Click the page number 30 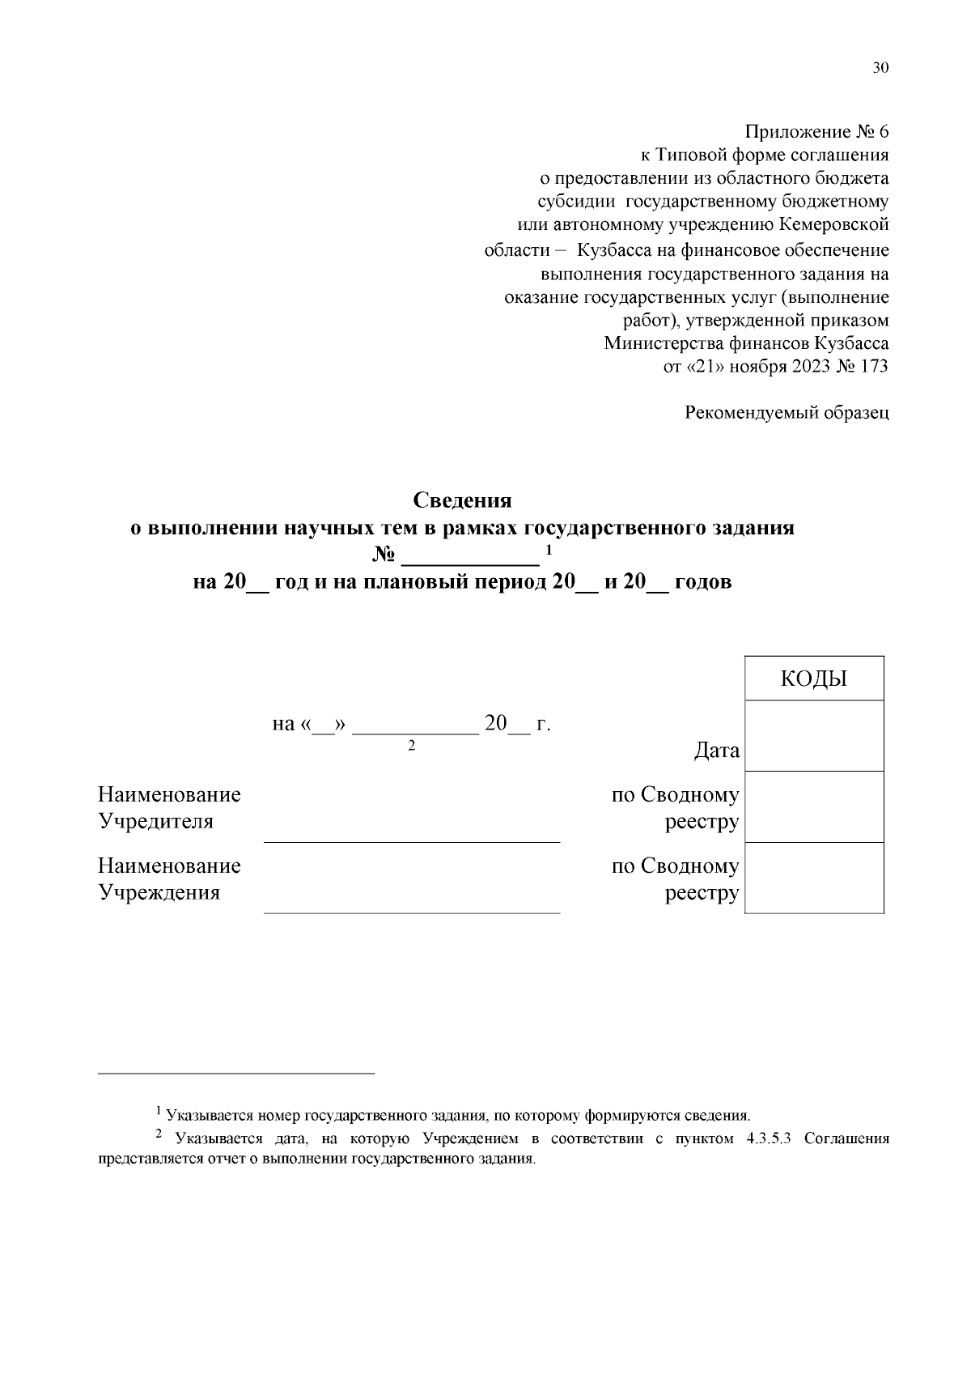pyautogui.click(x=880, y=68)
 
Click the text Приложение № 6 pyautogui.click(x=816, y=132)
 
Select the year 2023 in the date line pyautogui.click(x=810, y=366)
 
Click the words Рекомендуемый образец pyautogui.click(x=787, y=413)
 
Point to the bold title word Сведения pyautogui.click(x=463, y=500)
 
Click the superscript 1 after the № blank pyautogui.click(x=549, y=551)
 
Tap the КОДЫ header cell pyautogui.click(x=813, y=678)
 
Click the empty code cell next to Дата pyautogui.click(x=813, y=735)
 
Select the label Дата pyautogui.click(x=716, y=751)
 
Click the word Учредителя pyautogui.click(x=155, y=821)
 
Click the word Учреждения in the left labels pyautogui.click(x=159, y=892)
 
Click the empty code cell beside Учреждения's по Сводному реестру pyautogui.click(x=813, y=878)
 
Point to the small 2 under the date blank pyautogui.click(x=411, y=746)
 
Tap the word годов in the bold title pyautogui.click(x=703, y=581)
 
